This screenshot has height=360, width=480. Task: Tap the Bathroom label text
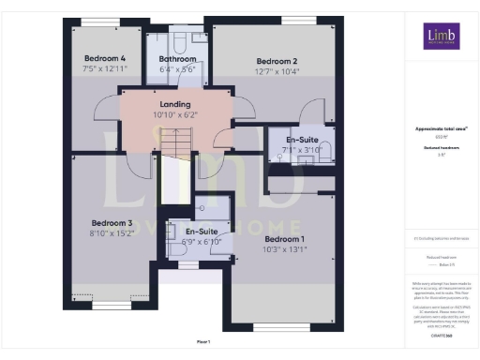click(177, 58)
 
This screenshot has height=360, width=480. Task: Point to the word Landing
click(175, 104)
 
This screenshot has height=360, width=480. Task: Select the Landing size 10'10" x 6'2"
click(175, 114)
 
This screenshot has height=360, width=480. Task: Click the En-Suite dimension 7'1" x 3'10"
click(303, 148)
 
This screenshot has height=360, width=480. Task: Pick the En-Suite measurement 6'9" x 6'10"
click(202, 241)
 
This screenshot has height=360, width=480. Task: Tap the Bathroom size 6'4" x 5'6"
click(177, 68)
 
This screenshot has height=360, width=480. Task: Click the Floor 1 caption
click(202, 342)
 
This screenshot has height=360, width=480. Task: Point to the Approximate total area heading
click(440, 129)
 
